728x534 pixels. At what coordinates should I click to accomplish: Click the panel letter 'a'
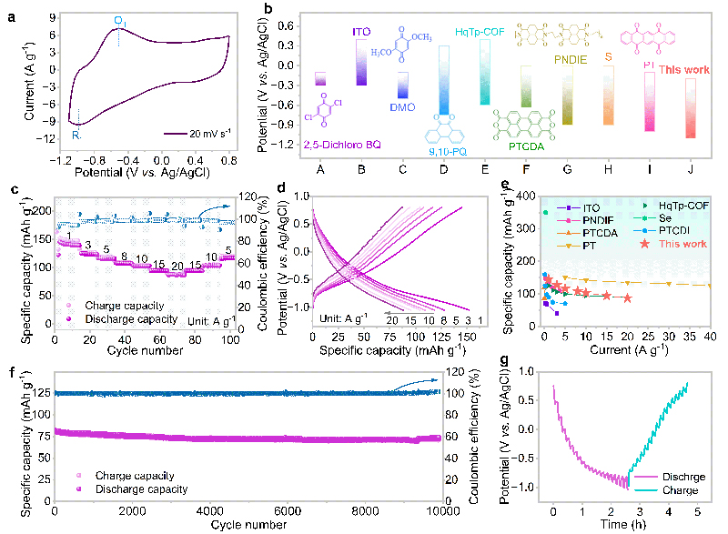(12, 14)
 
